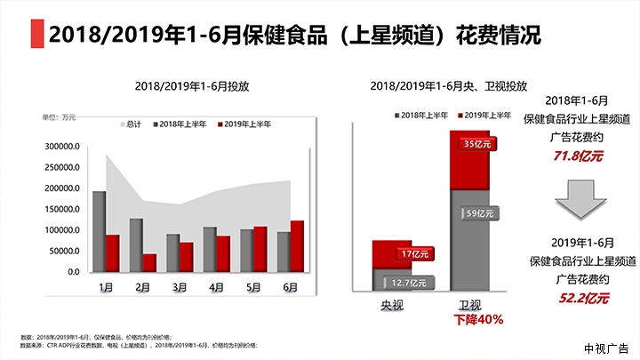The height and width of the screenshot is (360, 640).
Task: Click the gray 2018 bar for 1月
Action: (99, 231)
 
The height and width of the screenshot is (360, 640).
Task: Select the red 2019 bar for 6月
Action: (297, 246)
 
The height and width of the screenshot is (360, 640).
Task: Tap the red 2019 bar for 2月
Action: (149, 262)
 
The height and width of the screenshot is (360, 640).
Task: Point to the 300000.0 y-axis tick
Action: (61, 147)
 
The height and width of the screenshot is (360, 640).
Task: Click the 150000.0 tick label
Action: (61, 210)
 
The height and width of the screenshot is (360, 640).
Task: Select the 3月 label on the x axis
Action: (180, 287)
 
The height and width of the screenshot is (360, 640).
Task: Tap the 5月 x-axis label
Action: (254, 287)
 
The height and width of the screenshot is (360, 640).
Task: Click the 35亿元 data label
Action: (479, 144)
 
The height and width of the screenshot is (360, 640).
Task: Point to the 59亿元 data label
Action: (479, 212)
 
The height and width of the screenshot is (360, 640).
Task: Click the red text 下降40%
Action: (479, 319)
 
